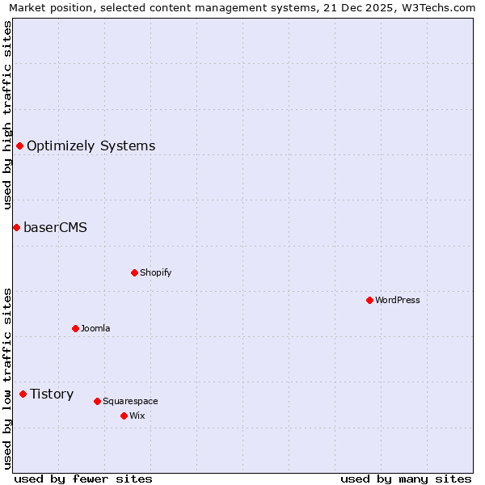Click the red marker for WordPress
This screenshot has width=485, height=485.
coord(369,300)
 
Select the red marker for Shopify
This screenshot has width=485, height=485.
coord(134,272)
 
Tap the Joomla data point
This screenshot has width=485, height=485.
coord(75,328)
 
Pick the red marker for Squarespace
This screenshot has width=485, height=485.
coord(97,401)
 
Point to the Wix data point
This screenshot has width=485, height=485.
coord(124,415)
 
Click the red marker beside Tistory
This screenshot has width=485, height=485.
coord(23,394)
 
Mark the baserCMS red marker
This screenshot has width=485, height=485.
coord(16,227)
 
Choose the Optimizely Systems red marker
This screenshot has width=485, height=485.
coord(19,145)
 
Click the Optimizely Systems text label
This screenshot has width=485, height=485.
coord(91,146)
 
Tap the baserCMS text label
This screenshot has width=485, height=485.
coord(55,228)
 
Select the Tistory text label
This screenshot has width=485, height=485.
coord(52,394)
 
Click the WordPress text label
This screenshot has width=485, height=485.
coord(398,301)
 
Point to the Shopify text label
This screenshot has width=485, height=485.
coord(156,273)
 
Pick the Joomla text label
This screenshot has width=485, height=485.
coord(95,329)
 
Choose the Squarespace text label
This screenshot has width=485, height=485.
coord(130,402)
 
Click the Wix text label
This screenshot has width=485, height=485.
coord(137,416)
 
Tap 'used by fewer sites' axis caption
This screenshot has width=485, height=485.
coord(83,479)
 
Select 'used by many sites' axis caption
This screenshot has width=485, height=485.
coord(406,479)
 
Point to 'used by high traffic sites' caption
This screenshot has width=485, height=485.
coord(7,115)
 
